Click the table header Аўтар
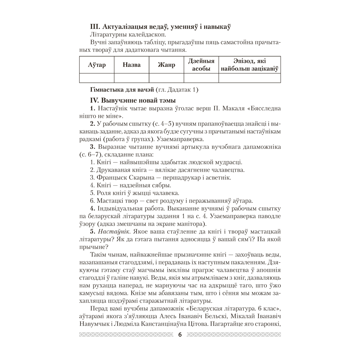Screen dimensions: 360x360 [97, 65]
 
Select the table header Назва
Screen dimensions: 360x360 [131, 65]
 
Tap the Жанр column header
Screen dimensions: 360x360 [166, 65]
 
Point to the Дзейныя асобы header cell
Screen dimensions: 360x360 [201, 65]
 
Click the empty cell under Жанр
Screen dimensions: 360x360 [166, 78]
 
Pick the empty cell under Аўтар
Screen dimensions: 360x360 [97, 78]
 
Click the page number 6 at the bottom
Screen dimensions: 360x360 [180, 335]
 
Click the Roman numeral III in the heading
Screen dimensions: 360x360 [94, 26]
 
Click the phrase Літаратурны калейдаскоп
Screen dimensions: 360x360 [122, 35]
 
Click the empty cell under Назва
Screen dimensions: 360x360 [131, 78]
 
